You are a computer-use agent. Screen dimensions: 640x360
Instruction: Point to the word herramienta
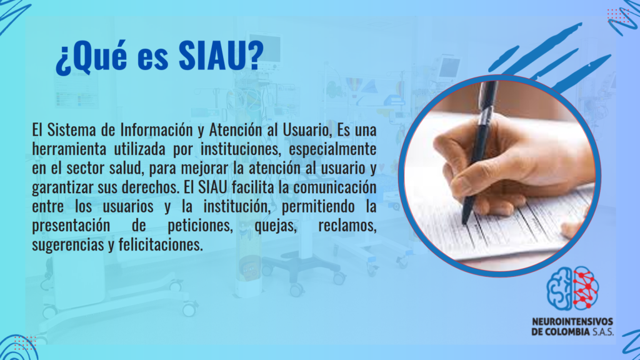(69, 149)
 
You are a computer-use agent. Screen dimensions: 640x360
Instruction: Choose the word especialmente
(332, 149)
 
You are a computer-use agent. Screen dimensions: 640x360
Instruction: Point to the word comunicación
(335, 187)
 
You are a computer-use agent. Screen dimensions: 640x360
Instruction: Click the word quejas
(276, 226)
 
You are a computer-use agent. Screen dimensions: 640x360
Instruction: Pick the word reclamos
(347, 226)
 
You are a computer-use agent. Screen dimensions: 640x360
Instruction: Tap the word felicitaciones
(161, 244)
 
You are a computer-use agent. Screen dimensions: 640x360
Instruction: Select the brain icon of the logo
(572, 288)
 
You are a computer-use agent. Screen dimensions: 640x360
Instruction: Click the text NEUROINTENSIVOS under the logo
(572, 322)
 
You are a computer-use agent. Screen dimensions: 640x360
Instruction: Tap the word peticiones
(201, 226)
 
